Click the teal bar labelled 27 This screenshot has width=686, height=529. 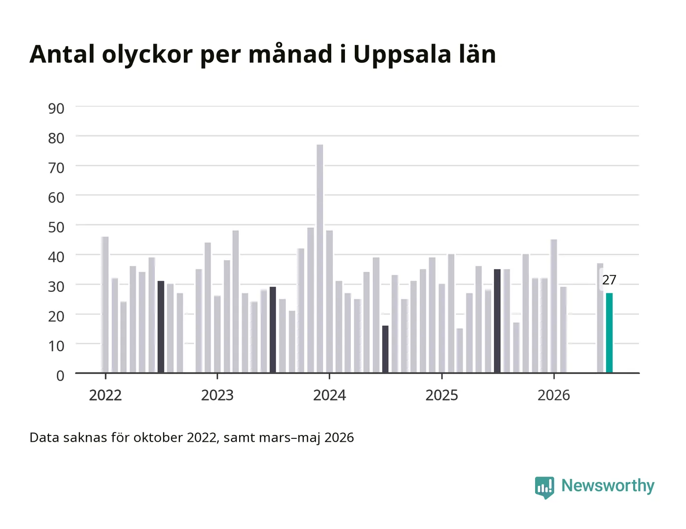click(x=609, y=333)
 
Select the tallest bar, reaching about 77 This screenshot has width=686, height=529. click(x=320, y=259)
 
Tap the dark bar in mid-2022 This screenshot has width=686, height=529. click(x=161, y=327)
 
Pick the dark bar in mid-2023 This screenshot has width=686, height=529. click(x=273, y=330)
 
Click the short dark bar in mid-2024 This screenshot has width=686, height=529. click(x=385, y=349)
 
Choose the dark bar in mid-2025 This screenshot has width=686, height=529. click(x=497, y=321)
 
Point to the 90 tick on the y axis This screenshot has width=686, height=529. click(x=56, y=109)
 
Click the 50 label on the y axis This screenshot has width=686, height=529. click(x=56, y=227)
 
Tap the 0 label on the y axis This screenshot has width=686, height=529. click(x=60, y=376)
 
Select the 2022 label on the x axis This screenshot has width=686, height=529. click(x=105, y=395)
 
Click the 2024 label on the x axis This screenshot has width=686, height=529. click(x=329, y=395)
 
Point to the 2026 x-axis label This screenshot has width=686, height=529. click(x=554, y=395)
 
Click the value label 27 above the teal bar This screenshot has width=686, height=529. click(x=609, y=280)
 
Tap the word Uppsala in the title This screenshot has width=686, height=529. click(x=402, y=55)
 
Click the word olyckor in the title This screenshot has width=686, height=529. click(x=147, y=55)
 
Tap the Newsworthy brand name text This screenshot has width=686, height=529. click(x=608, y=486)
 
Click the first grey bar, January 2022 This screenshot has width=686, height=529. click(x=105, y=305)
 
